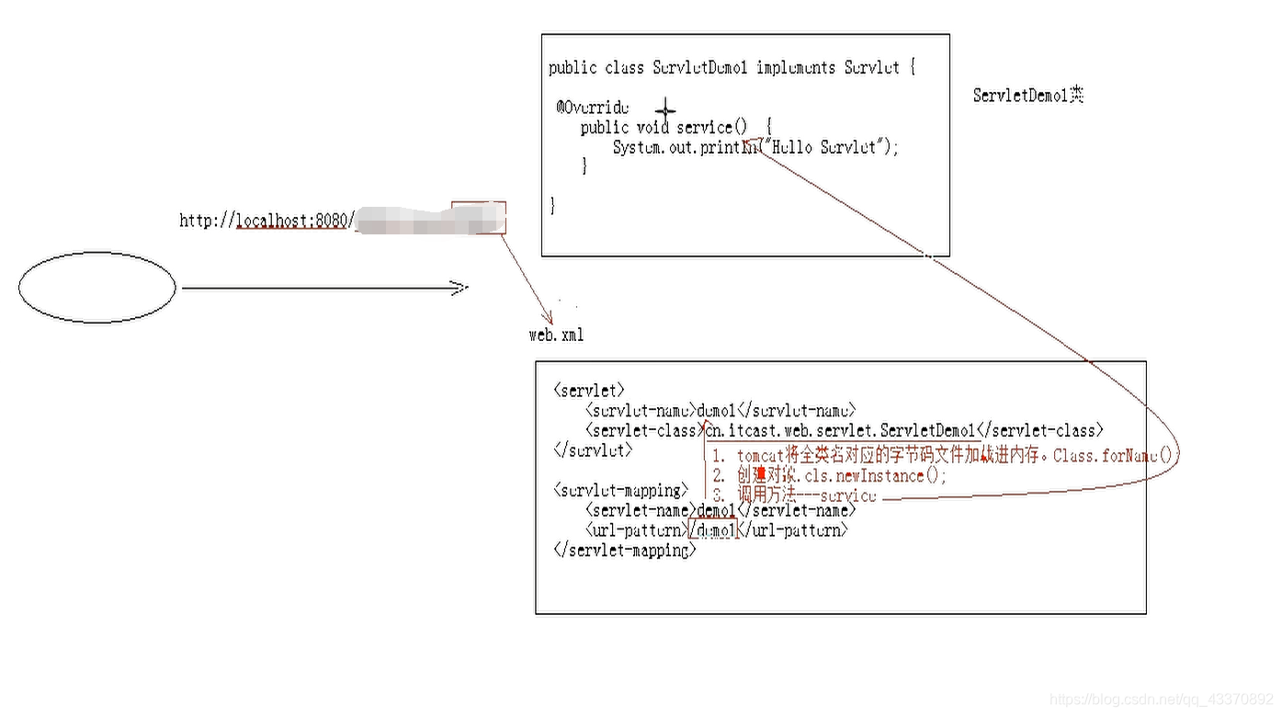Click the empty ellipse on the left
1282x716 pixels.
96,288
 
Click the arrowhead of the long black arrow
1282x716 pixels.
459,289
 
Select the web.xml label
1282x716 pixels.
556,335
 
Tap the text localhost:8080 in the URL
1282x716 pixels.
292,221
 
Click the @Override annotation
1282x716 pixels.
593,108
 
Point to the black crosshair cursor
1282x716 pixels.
665,111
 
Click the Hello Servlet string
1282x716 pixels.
830,147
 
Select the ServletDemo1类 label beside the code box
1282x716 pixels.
1028,96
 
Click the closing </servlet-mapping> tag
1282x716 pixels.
625,551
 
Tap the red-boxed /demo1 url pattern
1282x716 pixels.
714,531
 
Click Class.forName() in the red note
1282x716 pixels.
1115,455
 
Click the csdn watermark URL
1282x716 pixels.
1162,700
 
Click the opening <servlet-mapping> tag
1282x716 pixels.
620,491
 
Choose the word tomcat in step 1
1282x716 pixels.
761,456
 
